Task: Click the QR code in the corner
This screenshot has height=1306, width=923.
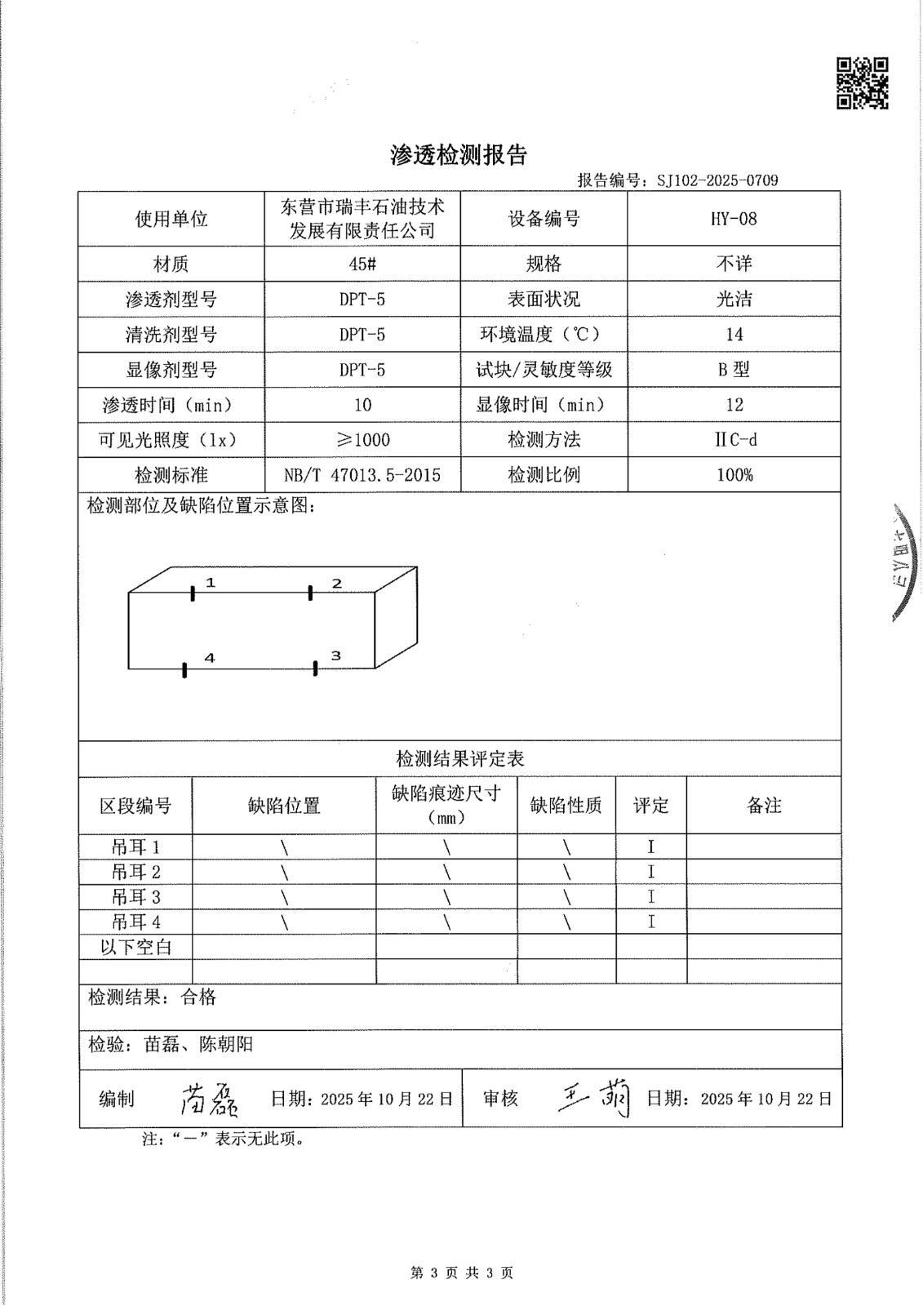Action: pos(863,82)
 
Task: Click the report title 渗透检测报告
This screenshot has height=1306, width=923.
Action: pos(459,155)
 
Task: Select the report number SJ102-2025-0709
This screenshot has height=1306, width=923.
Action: pos(717,180)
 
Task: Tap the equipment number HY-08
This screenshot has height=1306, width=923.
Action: pos(734,219)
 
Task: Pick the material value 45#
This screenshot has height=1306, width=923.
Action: pos(362,264)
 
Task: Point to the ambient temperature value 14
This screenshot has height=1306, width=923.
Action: pos(734,335)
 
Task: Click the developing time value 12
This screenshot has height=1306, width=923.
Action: pos(734,405)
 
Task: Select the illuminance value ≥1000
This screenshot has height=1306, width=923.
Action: pos(362,440)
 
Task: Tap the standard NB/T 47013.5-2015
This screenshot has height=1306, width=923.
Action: pos(362,475)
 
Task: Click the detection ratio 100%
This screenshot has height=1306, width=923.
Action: pos(734,475)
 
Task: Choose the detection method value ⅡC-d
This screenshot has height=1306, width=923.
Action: pos(734,440)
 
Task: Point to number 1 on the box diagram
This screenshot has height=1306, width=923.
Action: pos(211,582)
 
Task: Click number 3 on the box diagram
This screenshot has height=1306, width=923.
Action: pos(335,655)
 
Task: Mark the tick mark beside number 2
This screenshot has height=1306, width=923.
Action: pos(310,593)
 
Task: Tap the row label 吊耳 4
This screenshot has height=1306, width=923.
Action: pos(136,922)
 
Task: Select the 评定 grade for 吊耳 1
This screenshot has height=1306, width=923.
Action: pos(651,847)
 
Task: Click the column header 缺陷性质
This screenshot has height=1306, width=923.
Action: pos(566,806)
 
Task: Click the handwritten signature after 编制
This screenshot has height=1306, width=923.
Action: pos(209,1100)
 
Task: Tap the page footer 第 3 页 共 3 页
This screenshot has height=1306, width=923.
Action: pos(461,1273)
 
